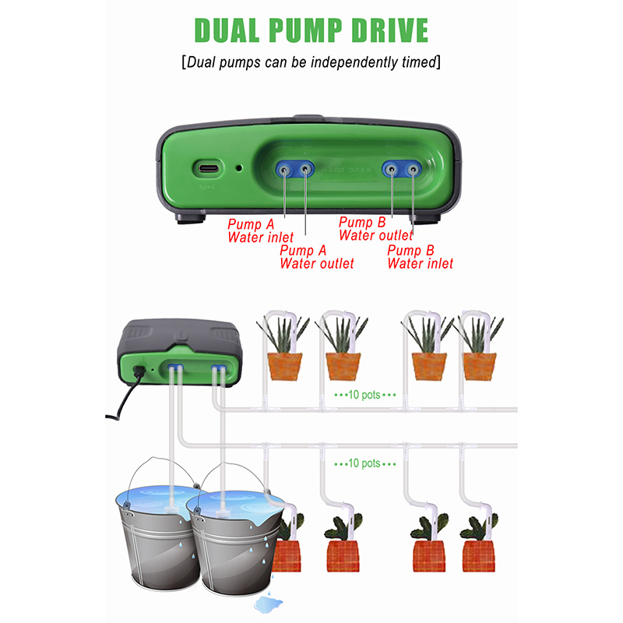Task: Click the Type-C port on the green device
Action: tap(208, 168)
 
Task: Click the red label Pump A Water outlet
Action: tap(316, 257)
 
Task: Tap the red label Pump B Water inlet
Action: tap(420, 257)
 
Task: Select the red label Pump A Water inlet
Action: tap(260, 231)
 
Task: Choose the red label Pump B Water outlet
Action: tap(375, 229)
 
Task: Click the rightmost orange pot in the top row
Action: tap(478, 365)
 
